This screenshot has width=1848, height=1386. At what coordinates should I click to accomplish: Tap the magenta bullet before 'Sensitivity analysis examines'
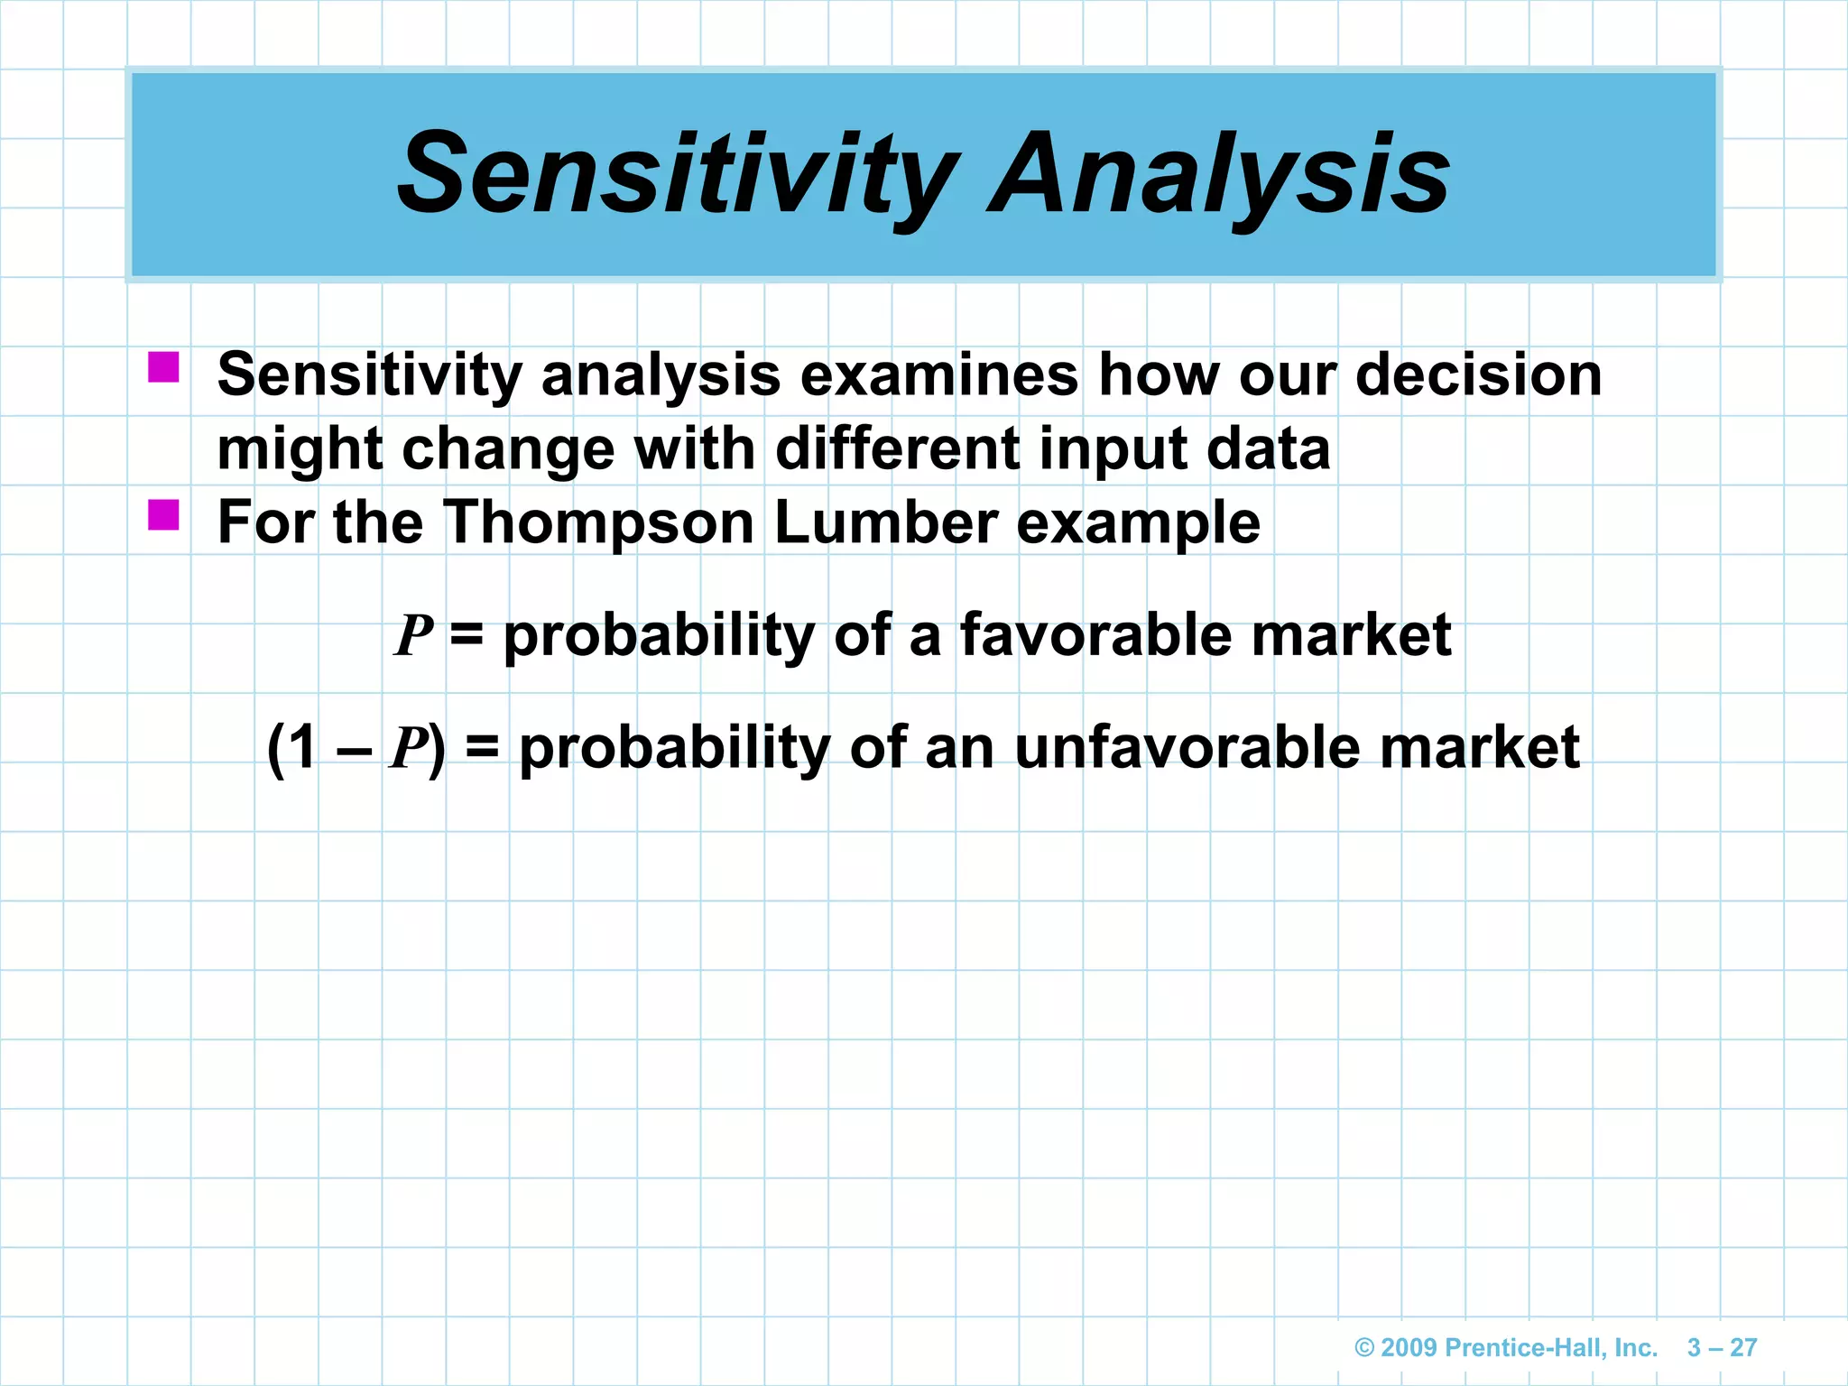tap(163, 367)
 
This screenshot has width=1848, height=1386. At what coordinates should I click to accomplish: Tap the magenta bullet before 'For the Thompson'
tap(163, 515)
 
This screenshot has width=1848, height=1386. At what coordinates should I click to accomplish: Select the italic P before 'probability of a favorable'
tap(414, 635)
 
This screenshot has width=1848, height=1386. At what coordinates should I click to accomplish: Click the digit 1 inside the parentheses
tap(303, 748)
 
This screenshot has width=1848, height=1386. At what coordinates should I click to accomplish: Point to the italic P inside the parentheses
tap(408, 748)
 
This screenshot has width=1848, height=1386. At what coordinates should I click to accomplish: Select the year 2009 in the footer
tap(1409, 1347)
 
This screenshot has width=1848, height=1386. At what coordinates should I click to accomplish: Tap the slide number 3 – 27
tap(1722, 1347)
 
